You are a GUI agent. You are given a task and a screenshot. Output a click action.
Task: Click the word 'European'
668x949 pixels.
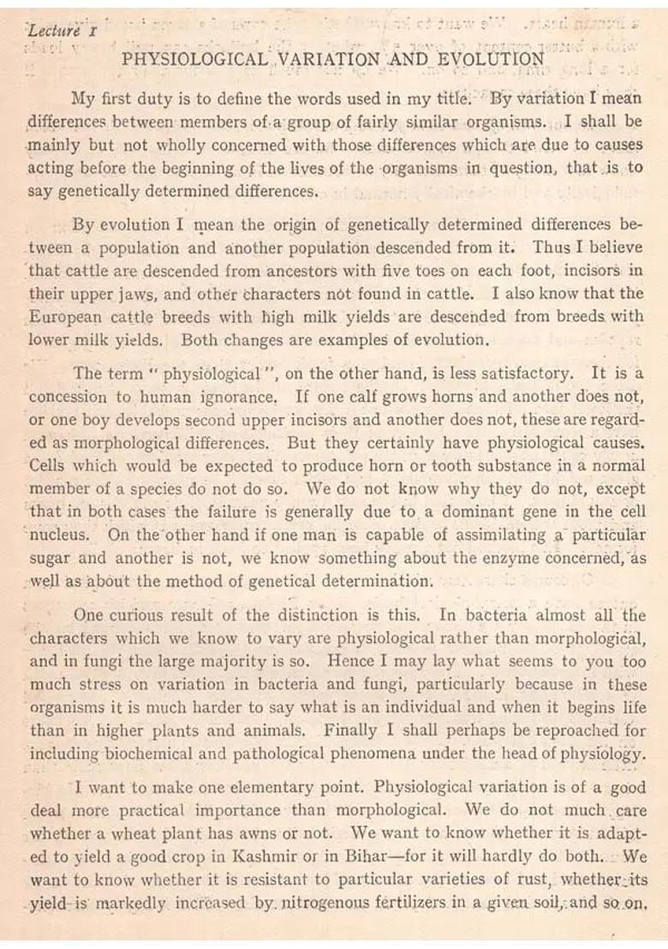(65, 316)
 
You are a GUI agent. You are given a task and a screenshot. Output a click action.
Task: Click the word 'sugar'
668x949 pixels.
(51, 558)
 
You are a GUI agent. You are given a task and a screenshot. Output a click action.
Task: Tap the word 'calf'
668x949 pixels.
(355, 398)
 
